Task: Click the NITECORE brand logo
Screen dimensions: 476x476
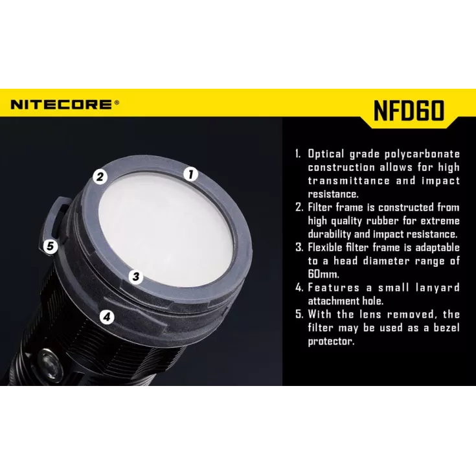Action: click(x=65, y=104)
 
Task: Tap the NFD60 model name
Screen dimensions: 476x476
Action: click(x=409, y=111)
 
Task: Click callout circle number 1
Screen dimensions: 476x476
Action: click(x=190, y=174)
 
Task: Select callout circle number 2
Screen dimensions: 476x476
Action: click(x=100, y=176)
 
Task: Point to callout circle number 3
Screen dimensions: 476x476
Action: click(x=136, y=277)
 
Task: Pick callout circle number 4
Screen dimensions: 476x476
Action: click(x=107, y=317)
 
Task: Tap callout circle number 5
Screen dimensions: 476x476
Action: click(x=50, y=246)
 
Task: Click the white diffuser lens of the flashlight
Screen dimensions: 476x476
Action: click(x=165, y=231)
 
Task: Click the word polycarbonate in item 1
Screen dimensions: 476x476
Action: click(x=422, y=154)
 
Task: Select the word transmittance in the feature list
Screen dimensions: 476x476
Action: click(x=349, y=181)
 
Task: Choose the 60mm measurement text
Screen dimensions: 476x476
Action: click(x=323, y=274)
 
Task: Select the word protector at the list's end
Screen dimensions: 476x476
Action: click(x=331, y=341)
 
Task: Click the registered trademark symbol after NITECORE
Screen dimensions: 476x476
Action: click(x=117, y=102)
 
